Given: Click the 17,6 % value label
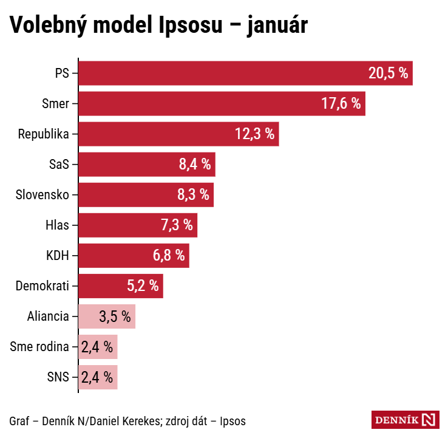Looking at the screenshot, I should click(341, 104).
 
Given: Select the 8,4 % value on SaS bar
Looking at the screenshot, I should click(194, 165).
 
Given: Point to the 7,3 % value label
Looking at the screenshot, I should click(177, 225).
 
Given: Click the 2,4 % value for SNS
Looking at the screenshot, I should click(97, 377).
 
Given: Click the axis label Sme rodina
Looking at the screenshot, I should click(39, 347).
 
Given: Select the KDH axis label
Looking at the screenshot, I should click(58, 256).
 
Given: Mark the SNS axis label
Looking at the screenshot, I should click(58, 377).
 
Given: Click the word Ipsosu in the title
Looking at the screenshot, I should click(194, 26).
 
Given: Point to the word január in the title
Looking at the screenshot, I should click(277, 26).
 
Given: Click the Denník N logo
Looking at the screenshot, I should click(404, 420).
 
